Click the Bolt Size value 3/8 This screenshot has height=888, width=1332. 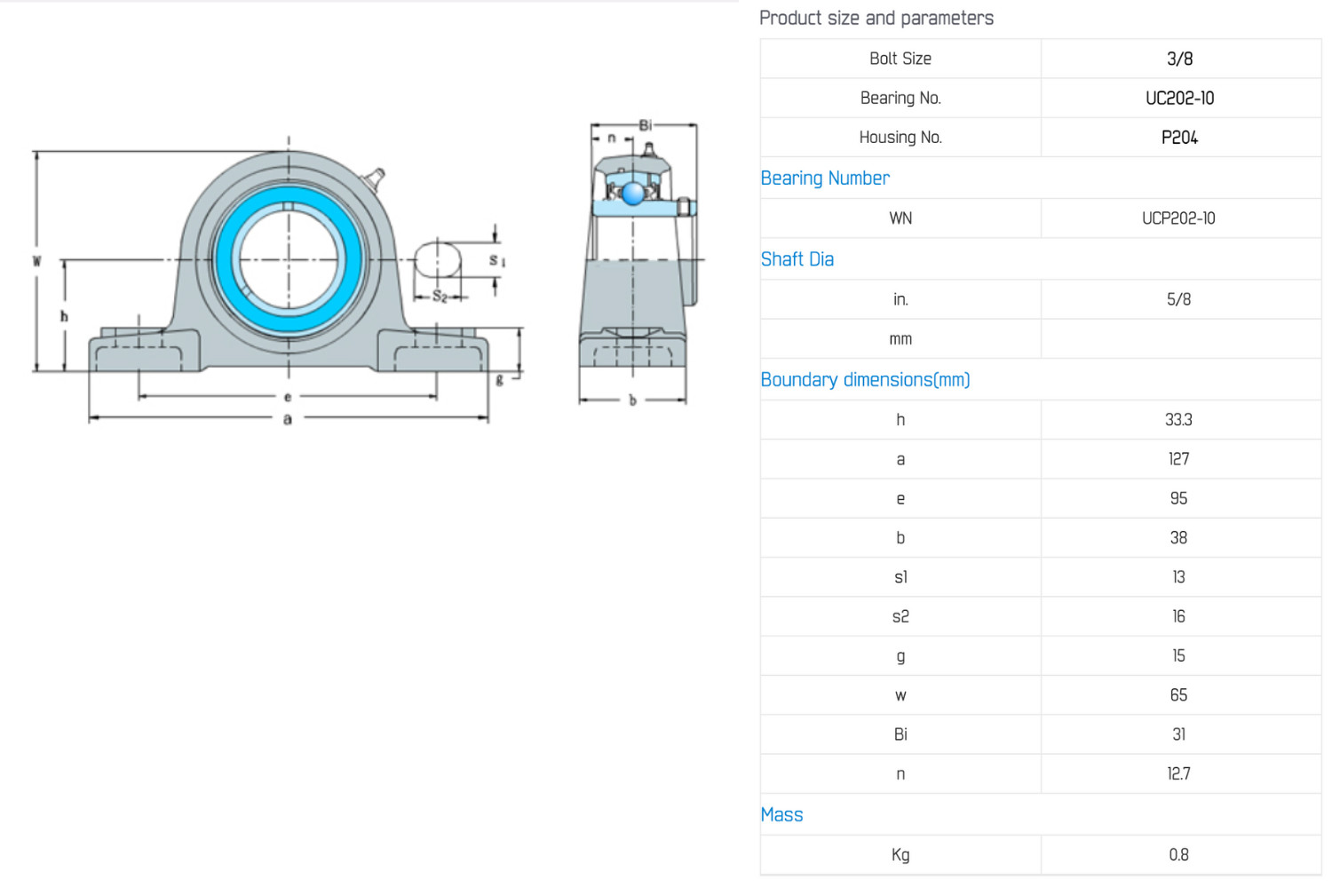[1179, 59]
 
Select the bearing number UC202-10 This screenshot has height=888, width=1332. [1179, 99]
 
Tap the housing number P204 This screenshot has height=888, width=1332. [1179, 138]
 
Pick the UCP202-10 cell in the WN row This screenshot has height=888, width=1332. [1178, 218]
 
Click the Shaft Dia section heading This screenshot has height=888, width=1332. [797, 259]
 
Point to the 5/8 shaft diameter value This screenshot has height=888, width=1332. [1178, 299]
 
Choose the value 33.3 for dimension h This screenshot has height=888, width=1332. [1178, 420]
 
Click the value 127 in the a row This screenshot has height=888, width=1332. [1178, 459]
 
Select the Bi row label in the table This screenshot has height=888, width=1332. [900, 734]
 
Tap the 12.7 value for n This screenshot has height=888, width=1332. [1178, 773]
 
